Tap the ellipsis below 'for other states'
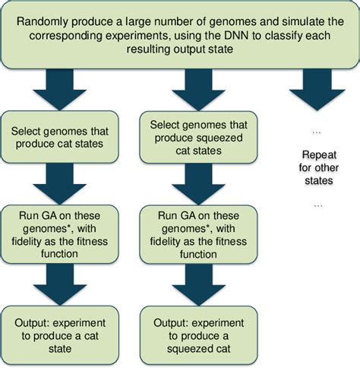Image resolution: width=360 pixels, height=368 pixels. pyautogui.click(x=318, y=205)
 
